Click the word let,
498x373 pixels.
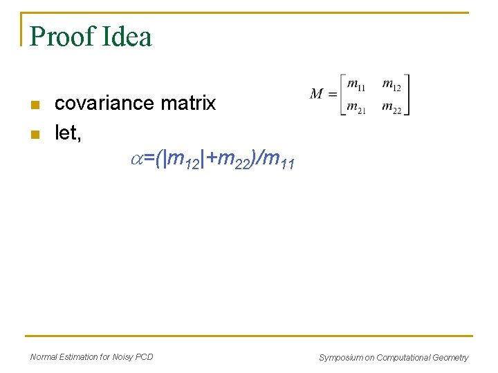pos(68,133)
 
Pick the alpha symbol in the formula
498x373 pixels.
pos(137,160)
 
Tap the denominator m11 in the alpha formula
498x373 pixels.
pos(279,161)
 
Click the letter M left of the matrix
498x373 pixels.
pos(317,94)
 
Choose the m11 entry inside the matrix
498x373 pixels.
pos(356,84)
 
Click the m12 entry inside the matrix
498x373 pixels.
pos(391,84)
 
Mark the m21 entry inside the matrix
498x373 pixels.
pos(356,108)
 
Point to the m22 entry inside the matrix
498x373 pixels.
pos(391,108)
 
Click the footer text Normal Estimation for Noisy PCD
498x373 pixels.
pos(92,356)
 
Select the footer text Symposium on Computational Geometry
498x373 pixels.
pos(393,357)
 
